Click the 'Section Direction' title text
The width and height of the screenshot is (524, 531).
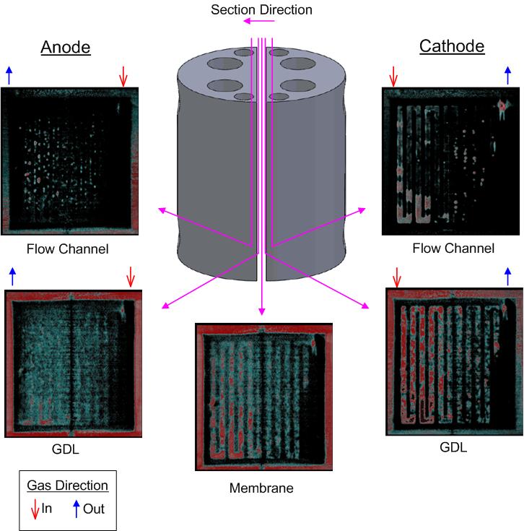point(261,9)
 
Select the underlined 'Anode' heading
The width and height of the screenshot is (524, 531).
point(65,48)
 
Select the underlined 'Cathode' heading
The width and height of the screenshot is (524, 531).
point(452,48)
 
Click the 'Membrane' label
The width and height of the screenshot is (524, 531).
point(261,488)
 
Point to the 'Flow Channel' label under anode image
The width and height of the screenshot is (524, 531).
point(67,249)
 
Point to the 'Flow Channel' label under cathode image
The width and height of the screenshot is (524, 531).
point(453,249)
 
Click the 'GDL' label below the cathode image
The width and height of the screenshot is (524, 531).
point(453,447)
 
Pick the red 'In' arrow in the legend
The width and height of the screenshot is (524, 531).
point(34,509)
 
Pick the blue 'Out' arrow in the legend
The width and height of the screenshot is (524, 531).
point(77,509)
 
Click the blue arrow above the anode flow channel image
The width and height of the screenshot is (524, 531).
point(9,74)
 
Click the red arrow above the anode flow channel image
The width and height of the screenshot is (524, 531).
point(123,74)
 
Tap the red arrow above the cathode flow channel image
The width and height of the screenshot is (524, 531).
point(393,74)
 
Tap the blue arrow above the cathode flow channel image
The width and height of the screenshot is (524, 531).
point(507,74)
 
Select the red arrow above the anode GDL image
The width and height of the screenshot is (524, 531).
point(131,276)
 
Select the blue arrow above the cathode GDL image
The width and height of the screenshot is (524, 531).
point(507,276)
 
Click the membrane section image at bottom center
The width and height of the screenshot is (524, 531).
point(261,397)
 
